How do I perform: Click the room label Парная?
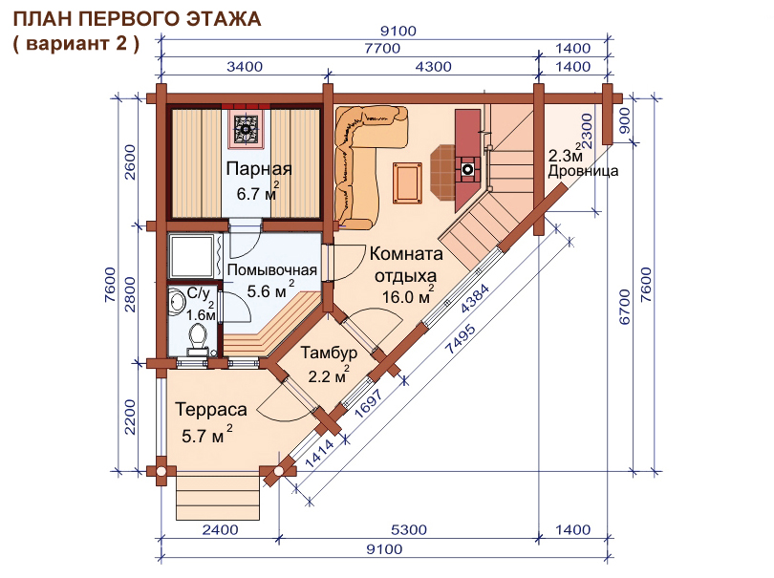(x=259, y=169)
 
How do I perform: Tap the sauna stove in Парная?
(x=246, y=128)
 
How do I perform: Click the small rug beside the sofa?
(x=407, y=182)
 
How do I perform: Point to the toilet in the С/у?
(x=198, y=338)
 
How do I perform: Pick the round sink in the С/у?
(x=175, y=301)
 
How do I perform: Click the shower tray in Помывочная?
(x=192, y=257)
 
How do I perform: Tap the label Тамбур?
(x=329, y=353)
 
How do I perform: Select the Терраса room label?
(x=211, y=410)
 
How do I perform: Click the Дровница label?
(x=583, y=171)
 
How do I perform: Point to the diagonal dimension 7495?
(x=461, y=339)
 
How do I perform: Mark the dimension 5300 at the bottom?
(x=409, y=530)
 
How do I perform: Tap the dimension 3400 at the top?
(x=245, y=66)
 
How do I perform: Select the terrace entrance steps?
(x=218, y=496)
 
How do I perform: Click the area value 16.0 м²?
(x=408, y=297)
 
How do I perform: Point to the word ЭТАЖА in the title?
(x=225, y=19)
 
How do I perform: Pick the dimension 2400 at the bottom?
(x=220, y=530)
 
